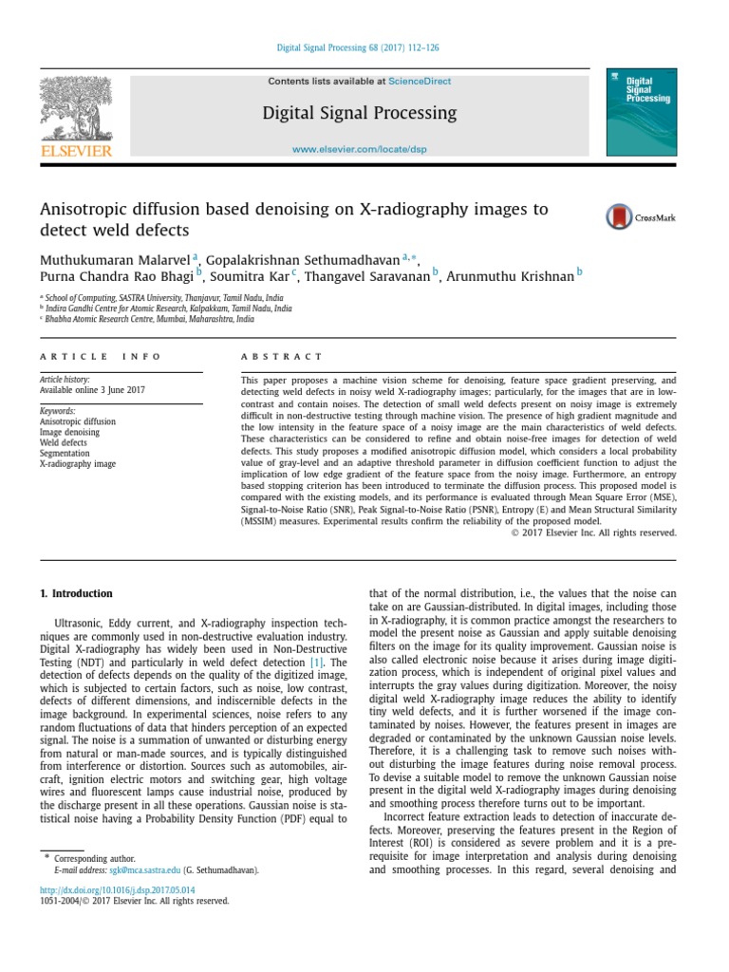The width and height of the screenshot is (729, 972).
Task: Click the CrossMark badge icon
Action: [x=620, y=217]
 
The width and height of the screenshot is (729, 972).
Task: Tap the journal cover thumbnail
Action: [x=645, y=112]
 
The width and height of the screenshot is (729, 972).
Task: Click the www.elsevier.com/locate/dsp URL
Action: [x=359, y=151]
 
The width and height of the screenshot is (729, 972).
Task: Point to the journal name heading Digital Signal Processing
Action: [x=359, y=114]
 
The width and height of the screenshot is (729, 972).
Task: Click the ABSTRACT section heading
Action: [x=282, y=356]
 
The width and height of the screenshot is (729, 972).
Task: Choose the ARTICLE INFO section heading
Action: [x=101, y=356]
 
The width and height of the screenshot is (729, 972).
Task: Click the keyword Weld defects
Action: [x=64, y=443]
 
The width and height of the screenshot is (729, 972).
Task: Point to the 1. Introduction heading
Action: [x=76, y=594]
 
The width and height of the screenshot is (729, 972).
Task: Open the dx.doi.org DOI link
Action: [x=117, y=889]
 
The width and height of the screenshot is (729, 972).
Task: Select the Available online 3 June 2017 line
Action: [x=93, y=390]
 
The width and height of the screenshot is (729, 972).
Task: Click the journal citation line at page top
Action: [x=357, y=47]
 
